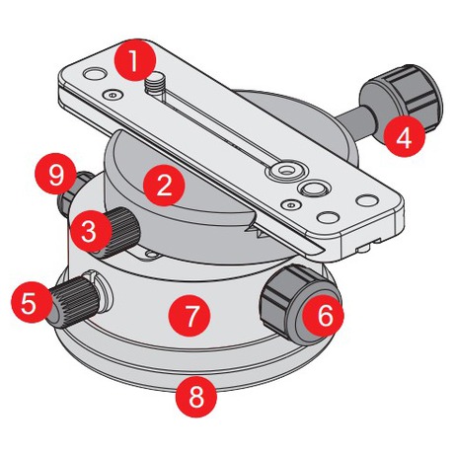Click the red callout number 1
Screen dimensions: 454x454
pos(134,60)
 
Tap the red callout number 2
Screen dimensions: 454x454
pos(164,186)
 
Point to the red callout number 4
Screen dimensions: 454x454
pos(405,137)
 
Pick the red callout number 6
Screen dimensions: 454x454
pos(324,316)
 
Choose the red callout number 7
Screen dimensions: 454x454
pos(189,315)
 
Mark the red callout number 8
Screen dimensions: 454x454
pos(196,397)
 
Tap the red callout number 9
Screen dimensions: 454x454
pos(55,174)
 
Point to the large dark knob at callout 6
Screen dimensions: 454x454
pos(296,303)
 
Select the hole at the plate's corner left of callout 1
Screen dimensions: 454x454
pos(94,73)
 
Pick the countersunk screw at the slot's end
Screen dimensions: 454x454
pos(283,170)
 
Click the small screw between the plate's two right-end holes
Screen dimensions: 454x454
pos(290,205)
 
